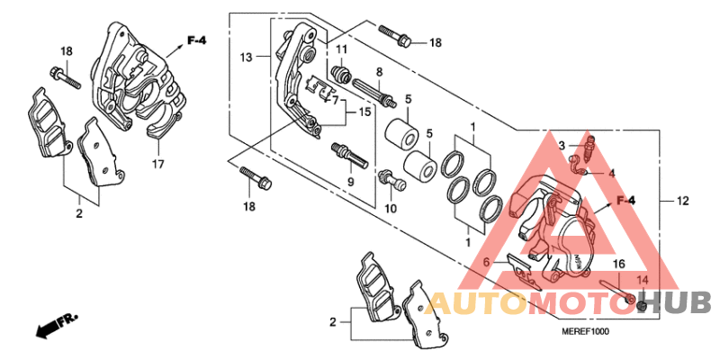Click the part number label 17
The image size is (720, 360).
(158, 164)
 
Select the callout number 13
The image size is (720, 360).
(246, 58)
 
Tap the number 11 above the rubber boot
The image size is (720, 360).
(341, 49)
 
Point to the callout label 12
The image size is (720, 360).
(682, 201)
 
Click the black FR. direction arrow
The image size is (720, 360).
(57, 325)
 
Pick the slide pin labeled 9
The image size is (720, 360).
(350, 155)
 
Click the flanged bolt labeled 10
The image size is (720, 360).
(391, 181)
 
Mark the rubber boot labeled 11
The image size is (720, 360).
(343, 74)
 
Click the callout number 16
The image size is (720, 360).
(618, 264)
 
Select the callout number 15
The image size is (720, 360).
(364, 112)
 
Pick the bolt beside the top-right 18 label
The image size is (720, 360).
(396, 36)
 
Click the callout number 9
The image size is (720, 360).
(350, 183)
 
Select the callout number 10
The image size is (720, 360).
(391, 209)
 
